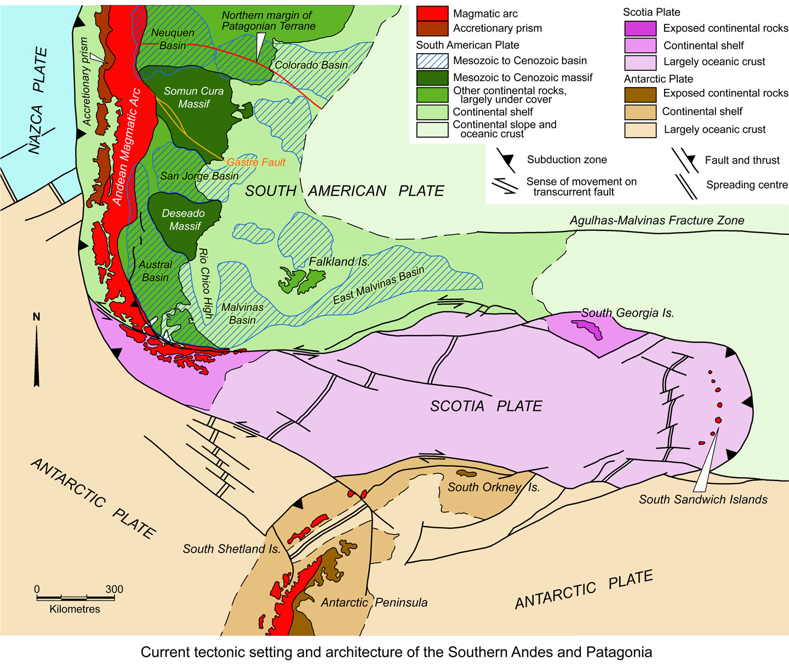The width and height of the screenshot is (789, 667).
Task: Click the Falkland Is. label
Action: point(339,262)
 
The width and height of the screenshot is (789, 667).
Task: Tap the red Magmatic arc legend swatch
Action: point(432,14)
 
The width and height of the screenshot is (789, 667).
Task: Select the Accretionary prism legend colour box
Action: point(432,29)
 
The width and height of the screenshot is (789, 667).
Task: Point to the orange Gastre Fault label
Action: point(256,162)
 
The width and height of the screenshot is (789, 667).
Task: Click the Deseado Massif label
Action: point(184,219)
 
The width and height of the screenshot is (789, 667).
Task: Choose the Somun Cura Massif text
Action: point(193,98)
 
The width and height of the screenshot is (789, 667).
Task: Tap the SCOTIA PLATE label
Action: point(486,406)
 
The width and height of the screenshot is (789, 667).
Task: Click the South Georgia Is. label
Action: point(627,313)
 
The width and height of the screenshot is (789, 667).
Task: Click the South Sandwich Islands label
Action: point(703,500)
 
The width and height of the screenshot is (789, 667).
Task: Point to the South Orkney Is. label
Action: point(493,487)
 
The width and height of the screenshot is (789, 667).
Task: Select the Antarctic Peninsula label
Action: point(374,602)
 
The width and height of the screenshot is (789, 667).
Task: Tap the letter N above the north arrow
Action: point(37,317)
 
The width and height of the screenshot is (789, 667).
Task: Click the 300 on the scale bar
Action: point(114,590)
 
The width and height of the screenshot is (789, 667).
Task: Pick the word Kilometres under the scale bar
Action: point(75,609)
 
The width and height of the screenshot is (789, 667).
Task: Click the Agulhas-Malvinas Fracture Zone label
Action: point(656,221)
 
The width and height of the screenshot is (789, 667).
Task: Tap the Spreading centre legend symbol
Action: point(686,186)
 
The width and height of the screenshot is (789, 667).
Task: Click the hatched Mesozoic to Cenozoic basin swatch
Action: point(432,61)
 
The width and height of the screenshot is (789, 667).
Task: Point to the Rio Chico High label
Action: point(204,283)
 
